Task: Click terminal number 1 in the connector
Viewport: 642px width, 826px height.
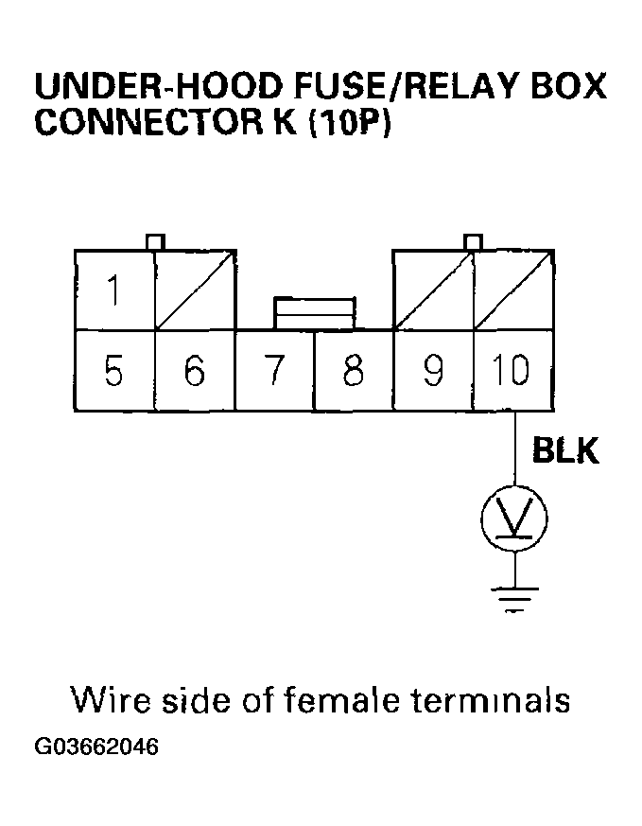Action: coord(114,290)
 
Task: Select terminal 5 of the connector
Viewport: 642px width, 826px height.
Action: coord(114,371)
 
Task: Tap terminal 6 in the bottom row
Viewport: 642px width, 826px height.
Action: coord(195,371)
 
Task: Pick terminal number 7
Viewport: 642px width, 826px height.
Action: coord(274,371)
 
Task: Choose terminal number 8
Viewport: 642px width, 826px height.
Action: coord(354,371)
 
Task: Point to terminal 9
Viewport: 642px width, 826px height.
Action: coord(433,371)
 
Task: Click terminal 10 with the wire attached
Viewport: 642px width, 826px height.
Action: coord(512,371)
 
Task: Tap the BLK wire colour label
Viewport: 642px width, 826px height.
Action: coord(565,451)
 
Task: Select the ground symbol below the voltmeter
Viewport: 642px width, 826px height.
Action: coord(514,597)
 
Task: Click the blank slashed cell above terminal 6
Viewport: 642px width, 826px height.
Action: coord(195,290)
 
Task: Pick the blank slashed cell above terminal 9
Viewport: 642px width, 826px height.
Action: coord(433,290)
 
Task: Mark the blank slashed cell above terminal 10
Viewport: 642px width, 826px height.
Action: coord(512,290)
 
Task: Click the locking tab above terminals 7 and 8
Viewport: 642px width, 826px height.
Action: coord(314,312)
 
